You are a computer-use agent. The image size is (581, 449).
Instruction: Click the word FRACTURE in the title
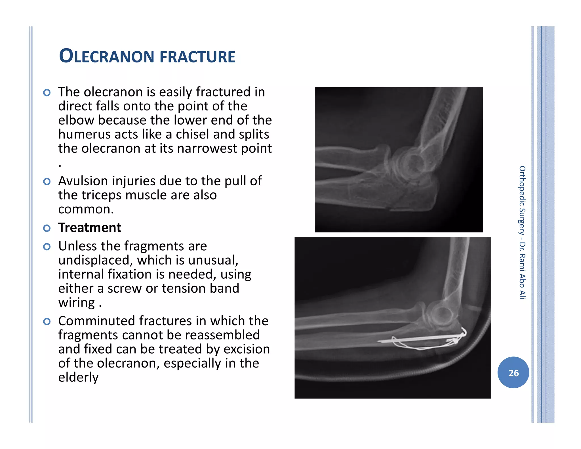click(197, 57)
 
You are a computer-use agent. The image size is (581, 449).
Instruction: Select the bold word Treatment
click(90, 228)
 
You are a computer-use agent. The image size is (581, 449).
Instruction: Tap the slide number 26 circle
click(513, 373)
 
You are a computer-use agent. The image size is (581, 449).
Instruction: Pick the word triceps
click(103, 195)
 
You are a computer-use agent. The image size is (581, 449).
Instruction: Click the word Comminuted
click(96, 321)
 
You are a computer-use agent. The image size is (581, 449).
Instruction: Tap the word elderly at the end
click(78, 377)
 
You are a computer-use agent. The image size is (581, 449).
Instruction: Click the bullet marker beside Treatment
click(47, 228)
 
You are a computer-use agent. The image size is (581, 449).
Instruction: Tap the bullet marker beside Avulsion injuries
click(47, 181)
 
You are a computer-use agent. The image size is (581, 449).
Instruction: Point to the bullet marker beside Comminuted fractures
click(47, 321)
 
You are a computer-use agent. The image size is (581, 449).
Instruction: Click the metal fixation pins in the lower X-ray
click(420, 339)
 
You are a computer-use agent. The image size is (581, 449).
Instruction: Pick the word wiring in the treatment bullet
click(76, 303)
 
